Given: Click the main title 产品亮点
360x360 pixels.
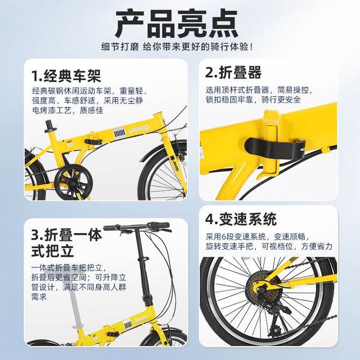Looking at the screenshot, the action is pos(177,24).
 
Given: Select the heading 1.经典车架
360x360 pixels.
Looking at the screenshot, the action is pos(66,76).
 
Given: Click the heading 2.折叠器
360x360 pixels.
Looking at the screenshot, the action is pos(233,73).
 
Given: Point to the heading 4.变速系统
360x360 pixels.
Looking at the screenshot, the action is pos(241,219).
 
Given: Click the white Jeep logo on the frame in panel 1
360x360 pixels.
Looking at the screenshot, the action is pos(139,128).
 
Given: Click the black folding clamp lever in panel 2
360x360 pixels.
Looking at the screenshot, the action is pos(275,148).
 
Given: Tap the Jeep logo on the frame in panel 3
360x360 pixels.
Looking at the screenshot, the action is pos(140,319).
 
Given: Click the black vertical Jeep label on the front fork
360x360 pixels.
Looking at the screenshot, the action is pos(175,163).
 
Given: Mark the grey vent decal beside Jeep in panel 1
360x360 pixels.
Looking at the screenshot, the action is pos(119,133).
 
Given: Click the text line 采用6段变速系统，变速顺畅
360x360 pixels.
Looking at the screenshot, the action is pos(257,237).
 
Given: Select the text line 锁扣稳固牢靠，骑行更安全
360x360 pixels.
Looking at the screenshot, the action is pos(253,100).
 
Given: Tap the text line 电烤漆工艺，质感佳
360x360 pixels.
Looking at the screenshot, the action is pos(68,111).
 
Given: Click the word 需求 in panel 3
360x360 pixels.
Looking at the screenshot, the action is pos(39,297).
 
